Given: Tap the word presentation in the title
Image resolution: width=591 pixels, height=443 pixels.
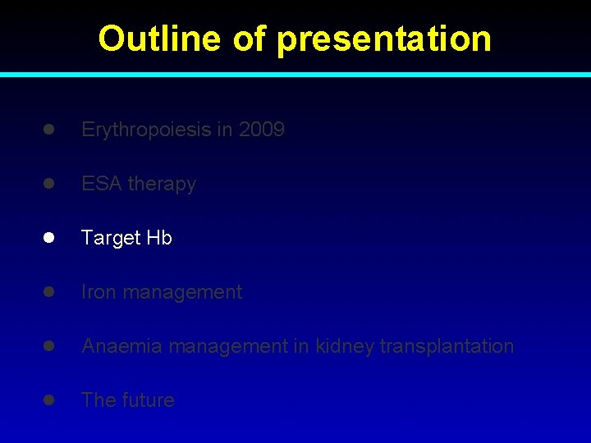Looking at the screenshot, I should click(x=384, y=39).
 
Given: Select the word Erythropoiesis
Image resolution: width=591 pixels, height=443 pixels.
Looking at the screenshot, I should click(x=144, y=130).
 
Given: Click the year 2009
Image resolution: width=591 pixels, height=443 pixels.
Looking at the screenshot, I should click(x=262, y=130).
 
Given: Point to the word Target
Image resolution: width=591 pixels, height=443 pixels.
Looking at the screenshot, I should click(x=111, y=238).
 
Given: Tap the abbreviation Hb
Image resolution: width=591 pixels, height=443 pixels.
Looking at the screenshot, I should click(x=159, y=238).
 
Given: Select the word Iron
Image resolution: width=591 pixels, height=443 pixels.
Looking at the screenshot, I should click(x=98, y=292).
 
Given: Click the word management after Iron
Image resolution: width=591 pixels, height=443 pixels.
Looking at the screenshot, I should click(x=182, y=292).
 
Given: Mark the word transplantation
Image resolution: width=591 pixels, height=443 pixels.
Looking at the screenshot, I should click(x=447, y=346).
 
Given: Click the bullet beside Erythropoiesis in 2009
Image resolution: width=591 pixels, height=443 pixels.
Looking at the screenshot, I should click(x=49, y=130).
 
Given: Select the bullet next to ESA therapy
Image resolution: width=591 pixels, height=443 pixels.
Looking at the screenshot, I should click(x=49, y=184).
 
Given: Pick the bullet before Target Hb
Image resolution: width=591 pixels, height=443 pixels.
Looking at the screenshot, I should click(x=49, y=238).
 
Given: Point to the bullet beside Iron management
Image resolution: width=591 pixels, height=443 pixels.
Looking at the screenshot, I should click(x=49, y=292).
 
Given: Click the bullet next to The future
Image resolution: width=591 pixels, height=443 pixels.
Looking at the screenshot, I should click(x=49, y=400).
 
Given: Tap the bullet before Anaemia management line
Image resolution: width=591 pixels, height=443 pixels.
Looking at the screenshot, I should click(x=49, y=346).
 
